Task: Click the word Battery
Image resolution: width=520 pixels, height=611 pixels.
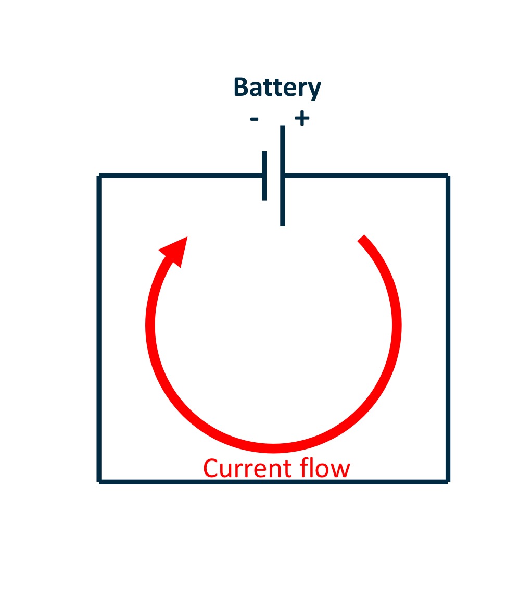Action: pos(277,88)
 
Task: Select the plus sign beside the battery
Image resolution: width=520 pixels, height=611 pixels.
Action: pos(302,119)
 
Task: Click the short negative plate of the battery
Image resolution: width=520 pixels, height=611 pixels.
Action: pos(264,176)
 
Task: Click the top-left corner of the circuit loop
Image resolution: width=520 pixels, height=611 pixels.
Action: pos(99,176)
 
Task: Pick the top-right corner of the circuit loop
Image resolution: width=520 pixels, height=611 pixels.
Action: pos(447,176)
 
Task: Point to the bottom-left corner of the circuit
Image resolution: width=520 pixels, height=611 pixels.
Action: pos(99,481)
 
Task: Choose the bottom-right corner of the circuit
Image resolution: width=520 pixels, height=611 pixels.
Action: pos(447,481)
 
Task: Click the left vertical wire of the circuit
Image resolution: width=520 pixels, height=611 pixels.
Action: pos(99,328)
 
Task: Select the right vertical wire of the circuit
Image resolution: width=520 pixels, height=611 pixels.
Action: pos(447,328)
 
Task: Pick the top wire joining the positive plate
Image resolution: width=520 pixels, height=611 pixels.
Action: pos(364,176)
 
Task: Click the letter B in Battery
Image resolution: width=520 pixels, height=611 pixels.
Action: pos(240,88)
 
